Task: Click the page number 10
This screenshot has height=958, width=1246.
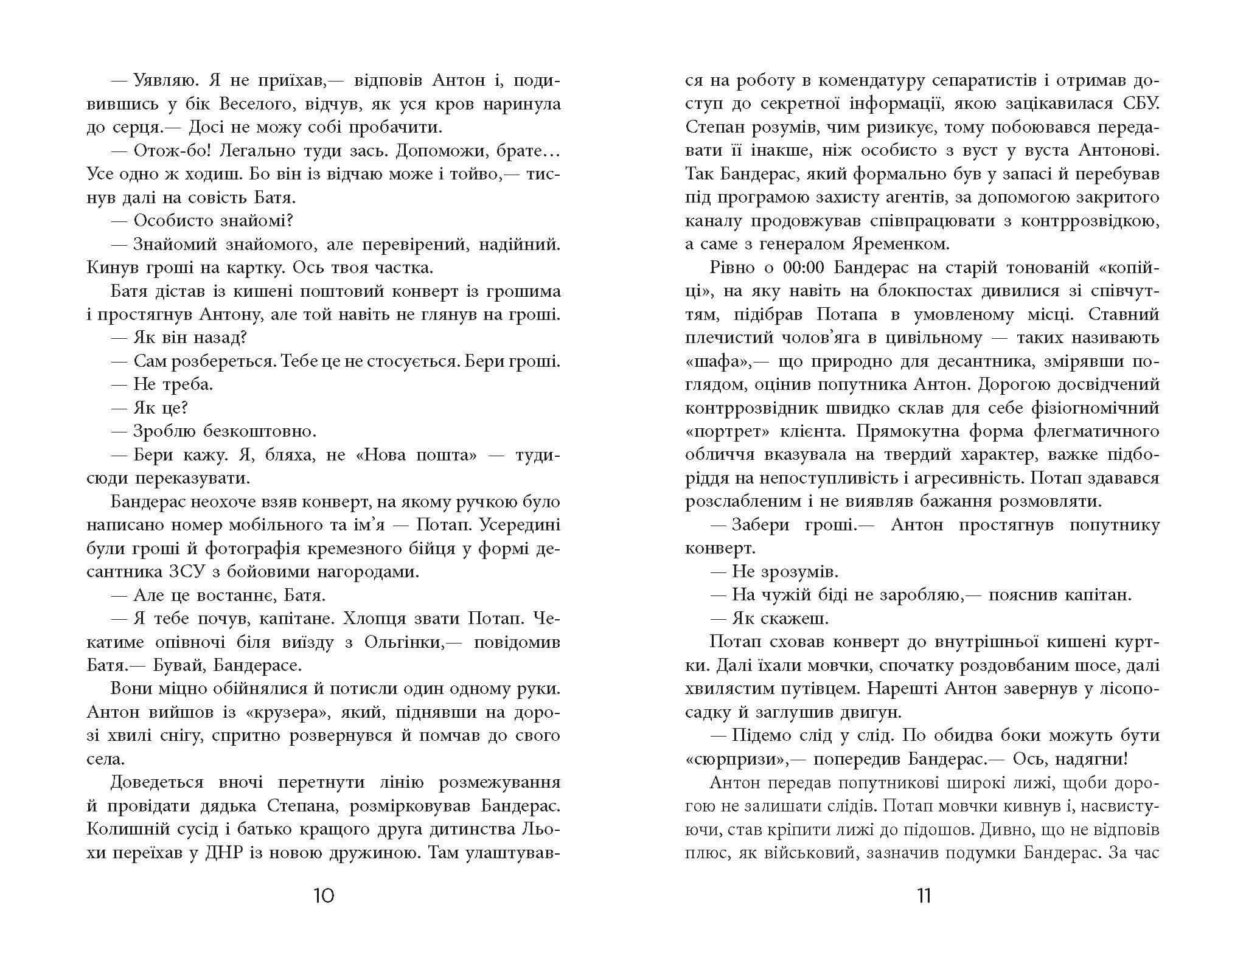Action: (324, 896)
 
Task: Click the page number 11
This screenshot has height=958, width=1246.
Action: (924, 896)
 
